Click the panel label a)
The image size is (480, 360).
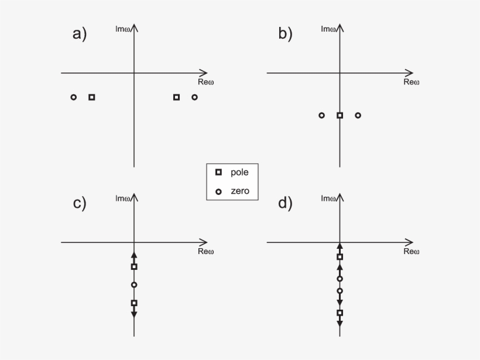(x=79, y=34)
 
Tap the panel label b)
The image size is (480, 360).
(x=285, y=34)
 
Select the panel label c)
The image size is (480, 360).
(x=79, y=203)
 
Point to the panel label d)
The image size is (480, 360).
(x=285, y=203)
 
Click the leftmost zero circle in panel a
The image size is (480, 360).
(x=73, y=97)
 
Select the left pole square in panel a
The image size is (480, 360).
(x=91, y=97)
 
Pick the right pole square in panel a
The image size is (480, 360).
(x=176, y=97)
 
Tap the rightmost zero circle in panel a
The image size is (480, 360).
(x=194, y=97)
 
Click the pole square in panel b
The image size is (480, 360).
(x=340, y=115)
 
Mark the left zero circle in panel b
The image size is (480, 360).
(x=321, y=115)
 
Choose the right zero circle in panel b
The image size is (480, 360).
(x=358, y=115)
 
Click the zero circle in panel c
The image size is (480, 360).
(x=134, y=285)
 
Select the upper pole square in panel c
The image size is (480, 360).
(x=134, y=267)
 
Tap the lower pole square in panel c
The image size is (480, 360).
(x=134, y=303)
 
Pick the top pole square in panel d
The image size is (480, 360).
(x=340, y=257)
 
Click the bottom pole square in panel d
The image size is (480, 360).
(x=340, y=313)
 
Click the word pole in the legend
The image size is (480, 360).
(x=240, y=172)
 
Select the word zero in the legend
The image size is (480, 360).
(x=240, y=191)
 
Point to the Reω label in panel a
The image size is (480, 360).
(x=206, y=82)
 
